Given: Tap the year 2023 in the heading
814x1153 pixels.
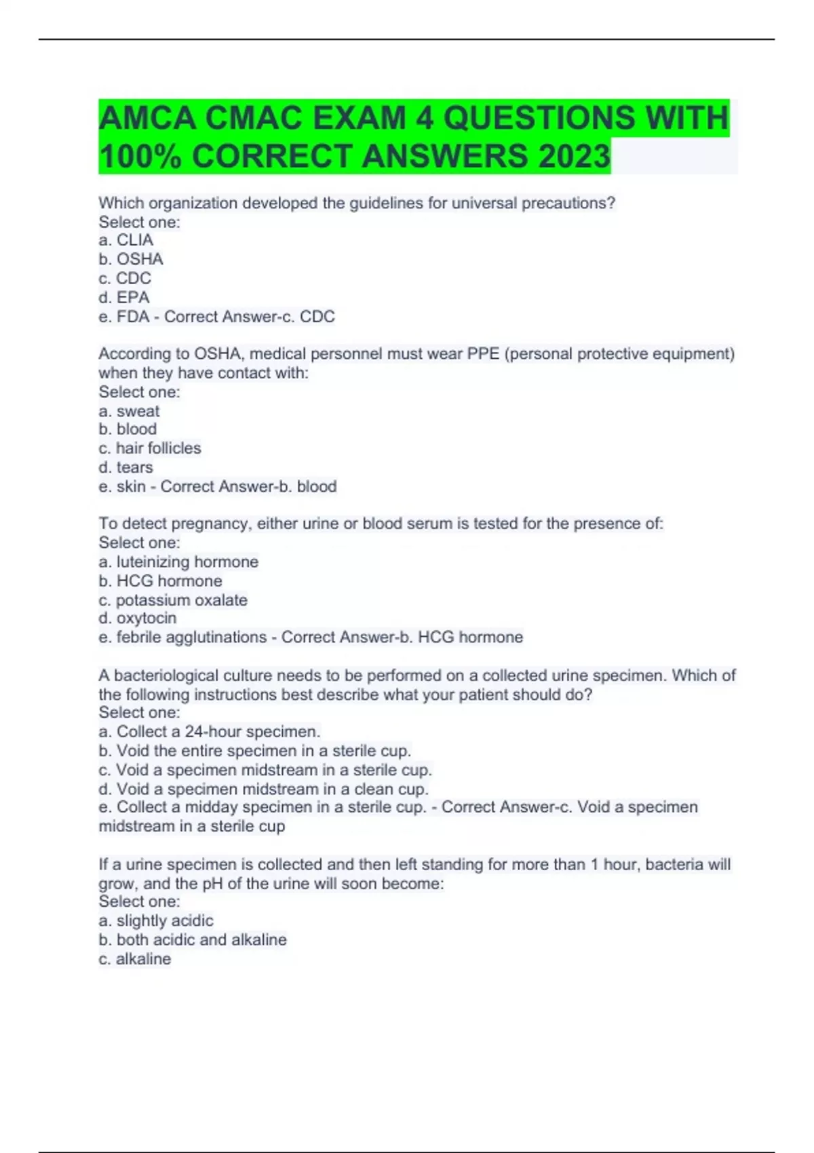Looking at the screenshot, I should click(x=574, y=156).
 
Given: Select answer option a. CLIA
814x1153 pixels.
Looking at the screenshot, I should click(x=126, y=240).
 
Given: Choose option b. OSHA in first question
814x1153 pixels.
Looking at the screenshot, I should click(x=131, y=259).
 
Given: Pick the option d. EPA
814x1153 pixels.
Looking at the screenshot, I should click(x=124, y=297).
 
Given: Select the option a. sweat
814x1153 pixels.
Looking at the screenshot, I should click(x=130, y=411).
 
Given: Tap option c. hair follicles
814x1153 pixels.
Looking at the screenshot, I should click(x=150, y=448).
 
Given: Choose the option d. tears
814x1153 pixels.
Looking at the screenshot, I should click(x=126, y=467).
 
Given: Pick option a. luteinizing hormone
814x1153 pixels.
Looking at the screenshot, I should click(x=178, y=562).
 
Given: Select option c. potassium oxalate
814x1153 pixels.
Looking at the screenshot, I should click(x=173, y=600).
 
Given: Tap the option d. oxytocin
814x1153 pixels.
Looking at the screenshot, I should click(x=138, y=618).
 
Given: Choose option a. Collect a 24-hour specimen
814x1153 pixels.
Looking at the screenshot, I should click(x=210, y=732).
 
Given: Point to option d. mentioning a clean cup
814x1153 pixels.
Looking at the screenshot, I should click(x=264, y=789).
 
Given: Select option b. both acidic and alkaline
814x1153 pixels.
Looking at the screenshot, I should click(x=193, y=940).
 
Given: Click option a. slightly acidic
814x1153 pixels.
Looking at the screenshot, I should click(x=156, y=921).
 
